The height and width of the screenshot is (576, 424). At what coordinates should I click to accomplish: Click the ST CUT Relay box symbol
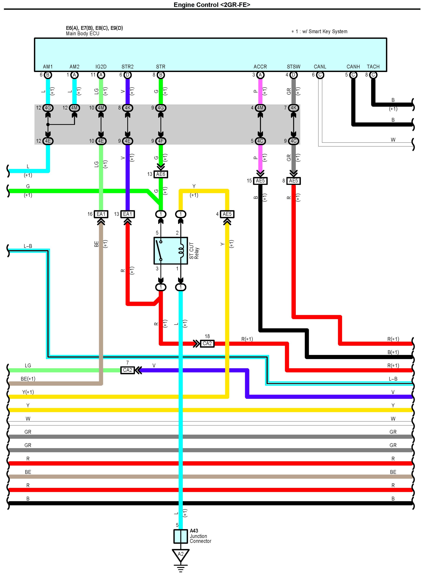[171, 251]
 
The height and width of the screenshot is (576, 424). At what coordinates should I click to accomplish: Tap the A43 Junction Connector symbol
[180, 536]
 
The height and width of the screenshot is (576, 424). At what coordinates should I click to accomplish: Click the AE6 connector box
[161, 174]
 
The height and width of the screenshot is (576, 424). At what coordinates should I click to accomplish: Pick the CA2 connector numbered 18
[207, 343]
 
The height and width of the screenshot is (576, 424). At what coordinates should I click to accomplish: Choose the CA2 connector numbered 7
[128, 370]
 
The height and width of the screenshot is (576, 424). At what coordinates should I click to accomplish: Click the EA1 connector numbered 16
[101, 214]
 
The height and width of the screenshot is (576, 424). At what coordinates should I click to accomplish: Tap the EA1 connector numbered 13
[128, 214]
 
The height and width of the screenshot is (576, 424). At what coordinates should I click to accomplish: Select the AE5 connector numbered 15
[260, 181]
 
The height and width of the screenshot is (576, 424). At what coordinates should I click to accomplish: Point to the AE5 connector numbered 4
[227, 214]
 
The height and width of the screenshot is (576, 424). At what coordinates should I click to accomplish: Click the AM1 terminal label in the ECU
[48, 67]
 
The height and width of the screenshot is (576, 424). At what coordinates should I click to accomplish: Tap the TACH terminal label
[373, 67]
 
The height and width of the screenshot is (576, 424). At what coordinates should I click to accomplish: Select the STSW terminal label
[293, 67]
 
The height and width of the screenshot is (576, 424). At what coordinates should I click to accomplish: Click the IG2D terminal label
[101, 67]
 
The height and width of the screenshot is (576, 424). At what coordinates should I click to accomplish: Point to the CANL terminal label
[320, 67]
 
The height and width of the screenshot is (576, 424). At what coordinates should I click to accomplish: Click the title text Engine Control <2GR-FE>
[212, 5]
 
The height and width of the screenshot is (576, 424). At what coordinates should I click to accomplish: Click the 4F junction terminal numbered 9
[161, 141]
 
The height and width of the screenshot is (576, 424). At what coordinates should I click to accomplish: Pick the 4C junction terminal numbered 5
[260, 141]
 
